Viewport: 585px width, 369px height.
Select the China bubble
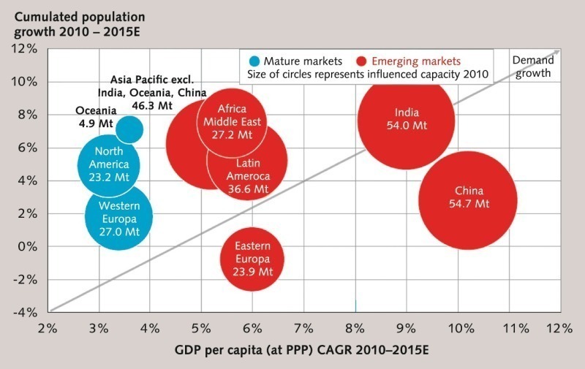pos(468,199)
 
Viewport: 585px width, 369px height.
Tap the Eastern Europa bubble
pos(253,258)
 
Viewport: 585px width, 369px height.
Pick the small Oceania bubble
pos(129,129)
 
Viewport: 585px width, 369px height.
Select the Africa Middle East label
pos(227,121)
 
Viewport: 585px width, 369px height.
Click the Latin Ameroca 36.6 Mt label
pos(247,176)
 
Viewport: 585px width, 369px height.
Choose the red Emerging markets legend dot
pos(361,61)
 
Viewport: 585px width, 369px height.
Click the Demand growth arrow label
pos(531,67)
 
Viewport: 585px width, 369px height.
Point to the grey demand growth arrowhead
pos(556,52)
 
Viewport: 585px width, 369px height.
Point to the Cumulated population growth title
pos(69,23)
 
